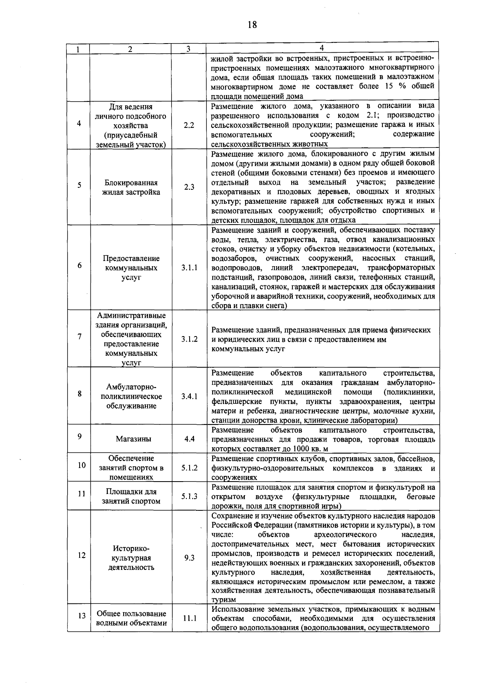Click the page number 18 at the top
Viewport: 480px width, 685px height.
tap(252, 25)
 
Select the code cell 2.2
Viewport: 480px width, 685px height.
tap(189, 125)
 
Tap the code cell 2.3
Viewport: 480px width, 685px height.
tap(189, 187)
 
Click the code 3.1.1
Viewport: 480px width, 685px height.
tap(189, 268)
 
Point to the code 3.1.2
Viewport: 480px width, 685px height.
tap(189, 339)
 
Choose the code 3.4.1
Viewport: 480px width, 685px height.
tap(189, 396)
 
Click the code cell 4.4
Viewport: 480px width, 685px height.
tap(189, 439)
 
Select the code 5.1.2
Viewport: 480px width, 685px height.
tap(189, 468)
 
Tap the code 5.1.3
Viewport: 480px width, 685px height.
tap(189, 496)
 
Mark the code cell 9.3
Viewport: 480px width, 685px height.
tap(189, 558)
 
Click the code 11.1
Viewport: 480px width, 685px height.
tap(189, 618)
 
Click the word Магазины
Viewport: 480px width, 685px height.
tap(134, 439)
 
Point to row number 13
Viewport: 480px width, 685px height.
tap(81, 616)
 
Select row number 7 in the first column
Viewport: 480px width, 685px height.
tap(80, 337)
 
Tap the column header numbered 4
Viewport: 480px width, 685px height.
tap(322, 48)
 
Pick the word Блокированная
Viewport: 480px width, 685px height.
tap(131, 183)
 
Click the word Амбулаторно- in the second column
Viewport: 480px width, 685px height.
tap(131, 387)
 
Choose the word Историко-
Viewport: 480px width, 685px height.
tap(131, 548)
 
